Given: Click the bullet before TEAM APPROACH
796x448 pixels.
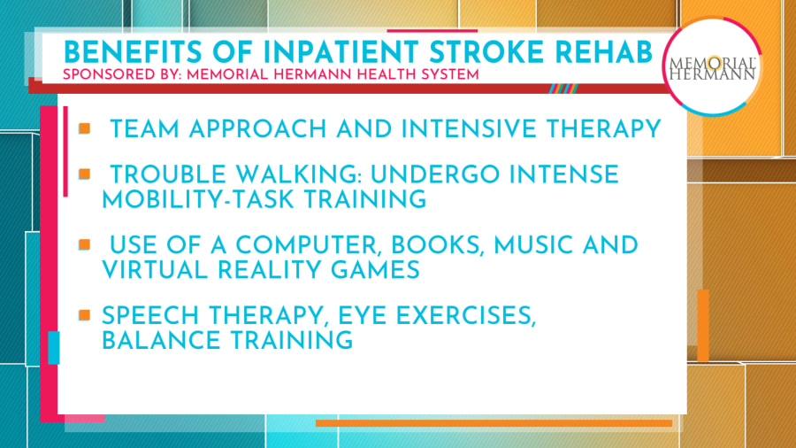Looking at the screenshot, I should click(85, 128).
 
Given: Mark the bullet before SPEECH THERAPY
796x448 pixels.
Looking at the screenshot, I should click(85, 314).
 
